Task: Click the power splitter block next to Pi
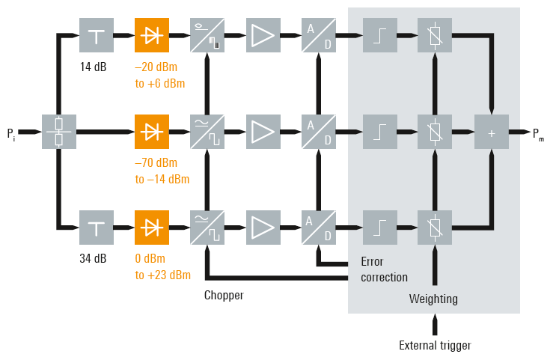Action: point(58,132)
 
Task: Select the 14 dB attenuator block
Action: point(97,35)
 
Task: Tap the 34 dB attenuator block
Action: point(97,227)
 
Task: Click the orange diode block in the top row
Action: point(152,35)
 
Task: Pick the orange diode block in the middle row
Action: point(152,132)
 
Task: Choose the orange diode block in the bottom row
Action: point(152,227)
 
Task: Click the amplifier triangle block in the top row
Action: point(263,35)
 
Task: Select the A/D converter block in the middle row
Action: point(318,132)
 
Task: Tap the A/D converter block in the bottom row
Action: point(318,227)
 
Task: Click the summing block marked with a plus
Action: point(491,132)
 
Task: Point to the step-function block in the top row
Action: point(380,35)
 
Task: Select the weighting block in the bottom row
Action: point(435,227)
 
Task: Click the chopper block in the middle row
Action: point(207,132)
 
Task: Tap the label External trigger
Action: point(435,346)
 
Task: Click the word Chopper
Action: point(224,295)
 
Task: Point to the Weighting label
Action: point(433,299)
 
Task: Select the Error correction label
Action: point(384,269)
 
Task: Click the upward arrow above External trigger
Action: point(435,324)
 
